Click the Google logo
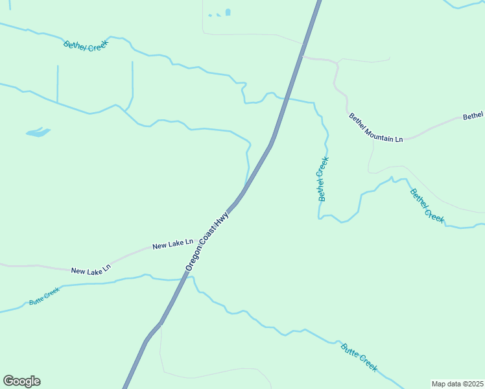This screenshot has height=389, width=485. [x=21, y=381]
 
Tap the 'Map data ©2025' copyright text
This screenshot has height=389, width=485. [x=457, y=383]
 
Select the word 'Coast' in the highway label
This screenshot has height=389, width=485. [x=208, y=237]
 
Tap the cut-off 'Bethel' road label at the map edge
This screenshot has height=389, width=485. [x=473, y=116]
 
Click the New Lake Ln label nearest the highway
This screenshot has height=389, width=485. [x=172, y=244]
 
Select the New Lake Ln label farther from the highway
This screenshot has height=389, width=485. [x=91, y=269]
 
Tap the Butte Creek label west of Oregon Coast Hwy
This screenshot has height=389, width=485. [x=44, y=296]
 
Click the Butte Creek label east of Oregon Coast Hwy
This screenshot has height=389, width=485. [x=359, y=356]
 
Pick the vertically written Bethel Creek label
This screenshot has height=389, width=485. [x=322, y=179]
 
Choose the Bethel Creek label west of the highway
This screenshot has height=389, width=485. [x=86, y=45]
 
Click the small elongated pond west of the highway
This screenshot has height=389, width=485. [x=38, y=133]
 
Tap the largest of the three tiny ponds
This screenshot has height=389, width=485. [x=228, y=12]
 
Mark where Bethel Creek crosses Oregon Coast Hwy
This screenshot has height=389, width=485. [x=283, y=99]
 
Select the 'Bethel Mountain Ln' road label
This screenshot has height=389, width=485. [x=376, y=128]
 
